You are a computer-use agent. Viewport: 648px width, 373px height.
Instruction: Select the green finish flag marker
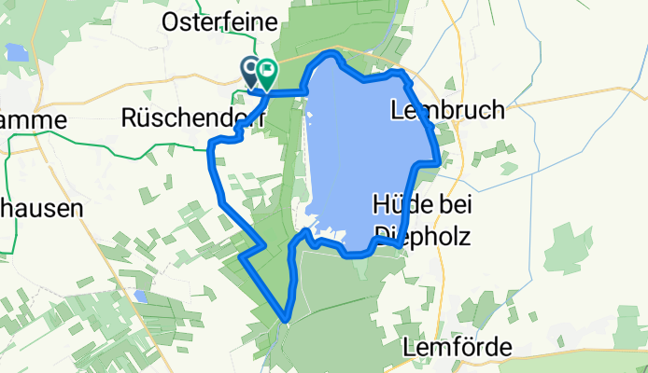267,71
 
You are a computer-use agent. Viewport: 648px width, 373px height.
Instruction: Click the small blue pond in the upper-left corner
18,52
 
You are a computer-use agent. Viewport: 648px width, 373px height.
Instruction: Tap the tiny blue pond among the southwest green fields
140,296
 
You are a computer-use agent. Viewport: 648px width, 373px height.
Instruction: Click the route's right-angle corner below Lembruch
437,162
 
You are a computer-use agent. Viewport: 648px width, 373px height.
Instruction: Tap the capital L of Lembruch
399,109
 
